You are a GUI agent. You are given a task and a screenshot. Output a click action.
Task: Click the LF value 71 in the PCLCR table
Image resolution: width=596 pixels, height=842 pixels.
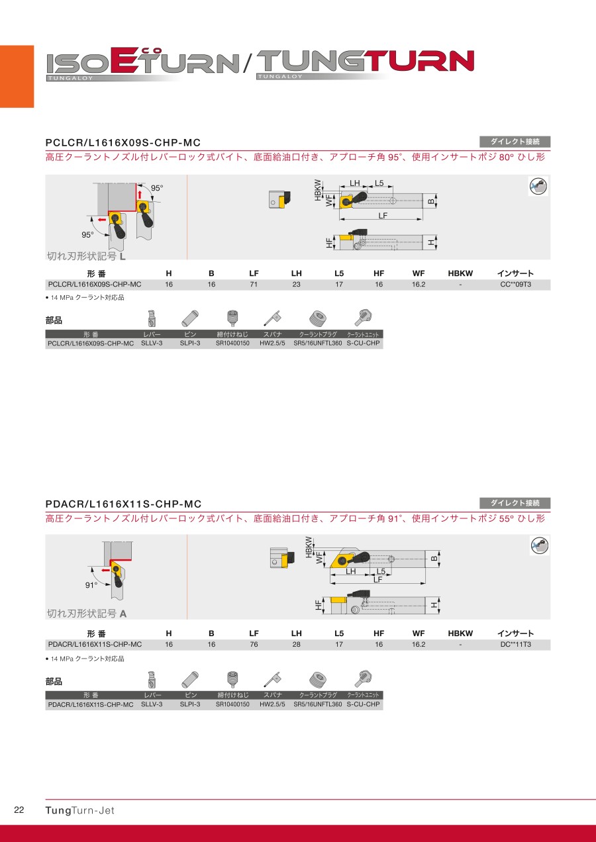254,285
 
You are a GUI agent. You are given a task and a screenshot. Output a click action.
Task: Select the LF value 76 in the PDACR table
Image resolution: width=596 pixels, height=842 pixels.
254,644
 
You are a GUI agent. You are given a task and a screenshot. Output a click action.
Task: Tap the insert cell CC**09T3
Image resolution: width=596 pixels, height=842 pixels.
515,285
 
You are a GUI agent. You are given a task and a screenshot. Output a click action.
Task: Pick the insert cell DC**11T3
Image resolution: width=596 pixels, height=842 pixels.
515,644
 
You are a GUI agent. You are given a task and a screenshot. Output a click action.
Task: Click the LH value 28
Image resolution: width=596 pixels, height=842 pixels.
296,644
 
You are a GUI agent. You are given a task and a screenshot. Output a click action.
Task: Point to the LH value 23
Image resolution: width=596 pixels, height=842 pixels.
296,285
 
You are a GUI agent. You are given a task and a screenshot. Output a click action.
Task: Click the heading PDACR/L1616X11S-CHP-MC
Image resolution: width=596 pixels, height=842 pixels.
123,504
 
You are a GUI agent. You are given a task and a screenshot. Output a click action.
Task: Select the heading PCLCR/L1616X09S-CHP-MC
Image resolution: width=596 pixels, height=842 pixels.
123,143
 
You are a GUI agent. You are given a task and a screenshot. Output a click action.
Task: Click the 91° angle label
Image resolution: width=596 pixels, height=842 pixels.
91,585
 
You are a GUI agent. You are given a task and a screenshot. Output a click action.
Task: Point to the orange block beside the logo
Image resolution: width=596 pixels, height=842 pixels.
17,76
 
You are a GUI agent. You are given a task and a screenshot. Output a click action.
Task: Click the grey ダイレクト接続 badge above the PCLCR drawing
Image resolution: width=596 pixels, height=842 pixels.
515,142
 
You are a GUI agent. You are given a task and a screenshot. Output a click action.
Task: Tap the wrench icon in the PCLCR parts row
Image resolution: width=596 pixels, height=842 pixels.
272,318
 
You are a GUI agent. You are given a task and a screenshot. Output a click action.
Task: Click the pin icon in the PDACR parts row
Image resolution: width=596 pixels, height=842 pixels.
190,680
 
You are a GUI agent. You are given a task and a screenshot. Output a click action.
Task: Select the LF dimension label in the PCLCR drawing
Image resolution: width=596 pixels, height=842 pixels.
383,216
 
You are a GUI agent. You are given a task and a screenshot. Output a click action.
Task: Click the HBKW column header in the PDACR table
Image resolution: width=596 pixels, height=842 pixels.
460,633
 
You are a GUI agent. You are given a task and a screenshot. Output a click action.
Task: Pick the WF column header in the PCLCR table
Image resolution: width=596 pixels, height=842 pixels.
418,273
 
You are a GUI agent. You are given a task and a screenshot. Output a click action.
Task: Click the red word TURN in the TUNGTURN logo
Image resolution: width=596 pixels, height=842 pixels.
421,61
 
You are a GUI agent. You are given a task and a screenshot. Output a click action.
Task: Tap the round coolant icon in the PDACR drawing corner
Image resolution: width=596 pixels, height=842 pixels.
540,545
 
